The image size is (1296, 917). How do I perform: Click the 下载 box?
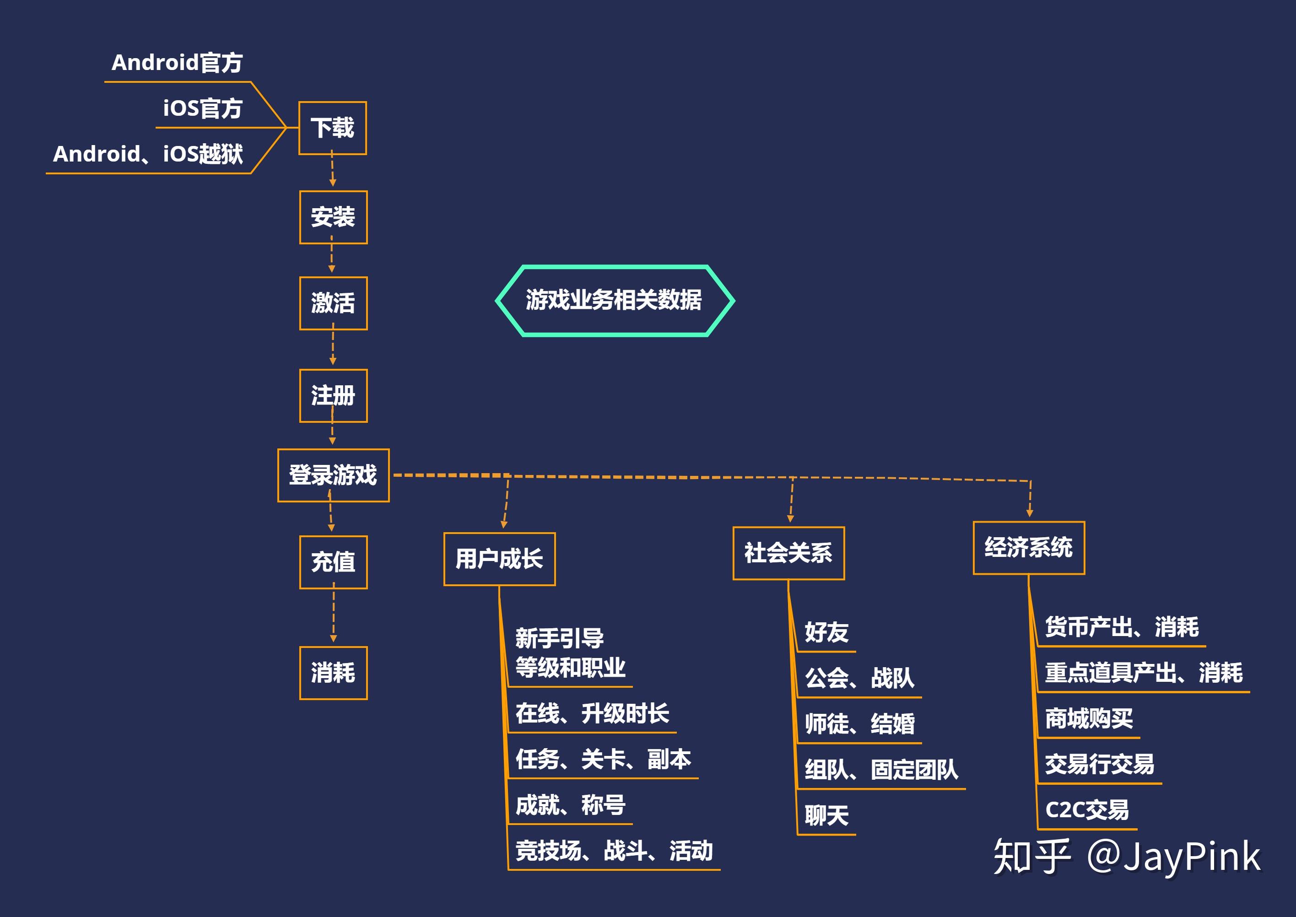coord(333,128)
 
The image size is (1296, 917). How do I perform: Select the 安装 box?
coord(333,217)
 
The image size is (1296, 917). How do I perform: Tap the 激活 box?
coord(333,303)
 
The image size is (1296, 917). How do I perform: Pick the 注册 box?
coord(333,396)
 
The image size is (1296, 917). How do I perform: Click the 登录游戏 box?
coord(333,475)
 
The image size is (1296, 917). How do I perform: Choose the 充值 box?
coord(333,562)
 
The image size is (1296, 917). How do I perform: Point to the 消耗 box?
coord(333,673)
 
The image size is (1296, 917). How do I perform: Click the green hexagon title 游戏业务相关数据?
coord(615,300)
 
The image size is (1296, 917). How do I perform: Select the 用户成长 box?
coord(499,560)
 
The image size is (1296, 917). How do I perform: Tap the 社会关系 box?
coord(788,553)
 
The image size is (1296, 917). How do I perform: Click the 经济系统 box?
coord(1028,548)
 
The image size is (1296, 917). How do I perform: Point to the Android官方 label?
coord(177,63)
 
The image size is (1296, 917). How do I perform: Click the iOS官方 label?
coord(202,108)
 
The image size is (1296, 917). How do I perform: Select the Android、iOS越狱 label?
coord(148,154)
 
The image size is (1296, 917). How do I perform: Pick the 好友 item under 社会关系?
coord(826,632)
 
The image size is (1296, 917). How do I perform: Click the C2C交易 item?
coord(1086,810)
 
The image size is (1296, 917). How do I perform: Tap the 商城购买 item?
coord(1089,719)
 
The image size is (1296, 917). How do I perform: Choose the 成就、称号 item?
coord(570,805)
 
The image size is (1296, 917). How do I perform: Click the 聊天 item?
coord(826,816)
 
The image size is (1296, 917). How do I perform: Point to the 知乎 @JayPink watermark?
coord(1127,857)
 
